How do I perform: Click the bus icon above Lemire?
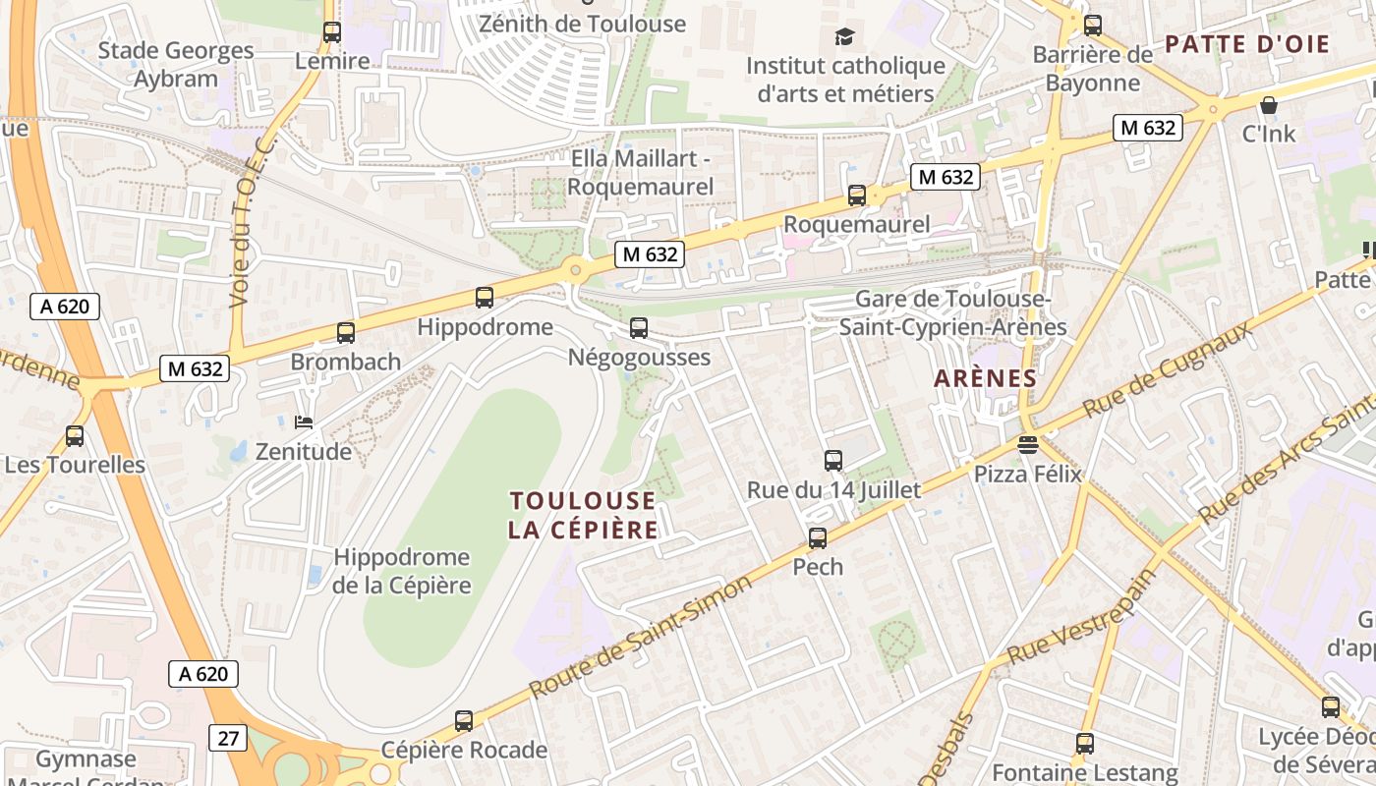[x=332, y=32]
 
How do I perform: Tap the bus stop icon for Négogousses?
[x=639, y=328]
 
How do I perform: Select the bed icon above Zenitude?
[x=305, y=422]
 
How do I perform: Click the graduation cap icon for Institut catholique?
[x=845, y=37]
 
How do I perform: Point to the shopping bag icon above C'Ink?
[x=1269, y=104]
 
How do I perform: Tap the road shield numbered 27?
[x=228, y=738]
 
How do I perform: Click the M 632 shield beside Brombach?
[x=195, y=369]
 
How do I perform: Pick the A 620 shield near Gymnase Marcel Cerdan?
[x=204, y=674]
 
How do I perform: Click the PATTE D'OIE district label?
[x=1246, y=43]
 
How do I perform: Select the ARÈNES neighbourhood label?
[x=985, y=378]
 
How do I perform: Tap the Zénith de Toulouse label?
[x=582, y=24]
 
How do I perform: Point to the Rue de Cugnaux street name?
[x=1168, y=368]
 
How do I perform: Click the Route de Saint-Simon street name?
[x=641, y=636]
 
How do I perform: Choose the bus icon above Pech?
[x=818, y=538]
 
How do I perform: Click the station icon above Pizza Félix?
[x=1028, y=445]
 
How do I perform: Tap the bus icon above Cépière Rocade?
[x=464, y=721]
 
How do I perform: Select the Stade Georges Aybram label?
[x=176, y=65]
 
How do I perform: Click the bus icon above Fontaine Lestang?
[x=1085, y=744]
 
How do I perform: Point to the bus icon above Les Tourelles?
[x=75, y=436]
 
